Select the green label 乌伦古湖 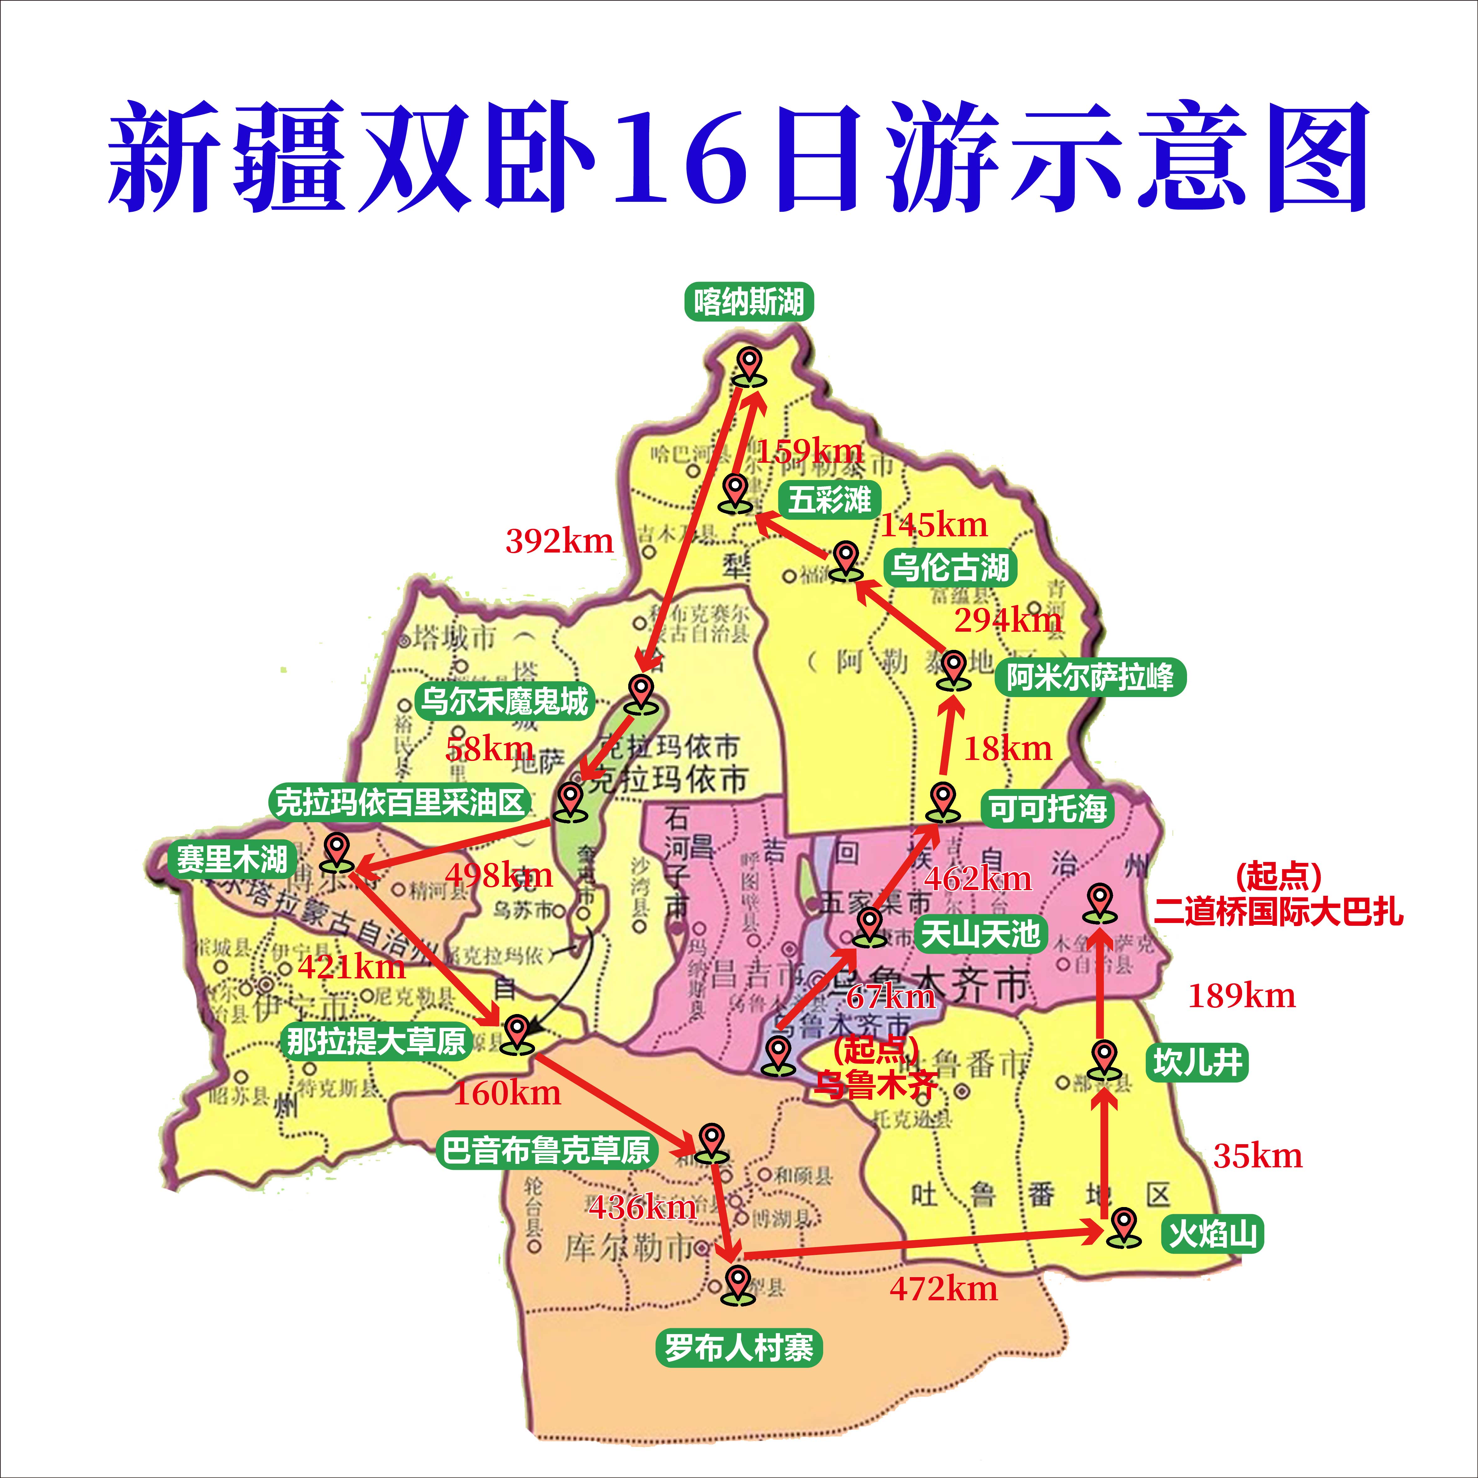[x=949, y=568]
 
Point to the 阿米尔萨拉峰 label [x=1090, y=677]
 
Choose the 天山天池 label [x=980, y=934]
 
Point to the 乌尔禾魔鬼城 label [x=505, y=701]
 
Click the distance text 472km [x=943, y=1289]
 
